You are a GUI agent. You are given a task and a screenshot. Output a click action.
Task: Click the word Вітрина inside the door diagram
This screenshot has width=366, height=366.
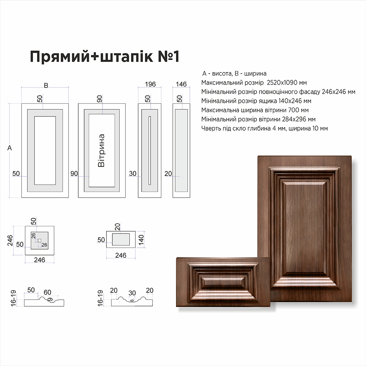(101, 150)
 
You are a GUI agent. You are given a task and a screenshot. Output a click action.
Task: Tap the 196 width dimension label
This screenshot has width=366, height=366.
(150, 84)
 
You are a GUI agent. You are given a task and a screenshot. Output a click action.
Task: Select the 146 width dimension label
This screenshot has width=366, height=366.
(181, 84)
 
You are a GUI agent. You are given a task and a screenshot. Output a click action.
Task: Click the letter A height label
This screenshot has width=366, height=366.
(10, 148)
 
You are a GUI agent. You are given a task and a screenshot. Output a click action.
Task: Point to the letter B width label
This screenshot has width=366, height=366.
(46, 85)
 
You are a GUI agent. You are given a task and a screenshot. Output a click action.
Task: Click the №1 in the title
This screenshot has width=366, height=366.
(168, 56)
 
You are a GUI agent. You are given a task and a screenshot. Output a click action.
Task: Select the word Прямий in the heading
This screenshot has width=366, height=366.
(60, 57)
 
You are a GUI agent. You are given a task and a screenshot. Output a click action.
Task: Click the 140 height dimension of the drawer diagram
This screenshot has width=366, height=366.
(141, 240)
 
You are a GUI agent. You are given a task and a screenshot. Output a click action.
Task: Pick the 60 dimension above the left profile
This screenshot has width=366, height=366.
(47, 292)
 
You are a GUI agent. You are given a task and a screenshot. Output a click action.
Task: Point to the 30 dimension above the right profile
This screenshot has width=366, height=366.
(132, 293)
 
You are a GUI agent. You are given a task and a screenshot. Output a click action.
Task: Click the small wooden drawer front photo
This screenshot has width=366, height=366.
(223, 282)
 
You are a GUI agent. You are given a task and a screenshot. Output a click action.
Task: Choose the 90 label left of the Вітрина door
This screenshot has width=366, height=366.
(74, 173)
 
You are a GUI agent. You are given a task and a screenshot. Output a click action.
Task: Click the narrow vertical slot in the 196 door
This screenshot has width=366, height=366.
(150, 150)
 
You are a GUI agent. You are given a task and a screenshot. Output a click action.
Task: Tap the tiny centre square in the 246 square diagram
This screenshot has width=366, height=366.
(40, 240)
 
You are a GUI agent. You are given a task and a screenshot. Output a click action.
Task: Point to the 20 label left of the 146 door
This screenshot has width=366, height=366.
(168, 173)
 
